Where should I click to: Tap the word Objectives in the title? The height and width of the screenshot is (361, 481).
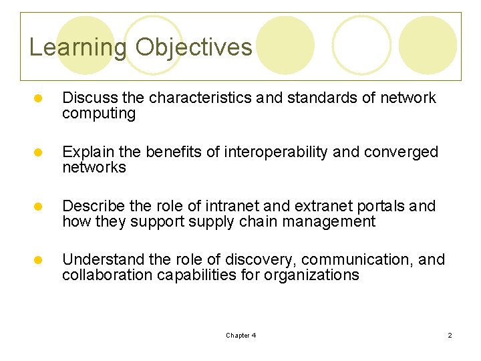coord(194,47)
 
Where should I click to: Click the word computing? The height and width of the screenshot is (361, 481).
coord(99,114)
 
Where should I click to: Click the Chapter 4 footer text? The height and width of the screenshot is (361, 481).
coord(240,335)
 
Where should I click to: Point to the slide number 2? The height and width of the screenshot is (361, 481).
coord(450,335)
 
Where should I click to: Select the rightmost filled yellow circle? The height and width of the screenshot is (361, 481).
coord(428,45)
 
